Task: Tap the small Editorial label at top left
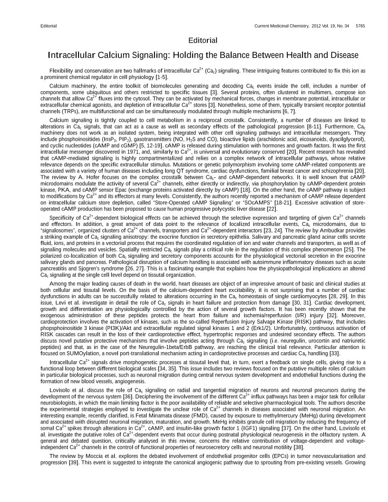point(48,25)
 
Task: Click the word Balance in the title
point(233,56)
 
